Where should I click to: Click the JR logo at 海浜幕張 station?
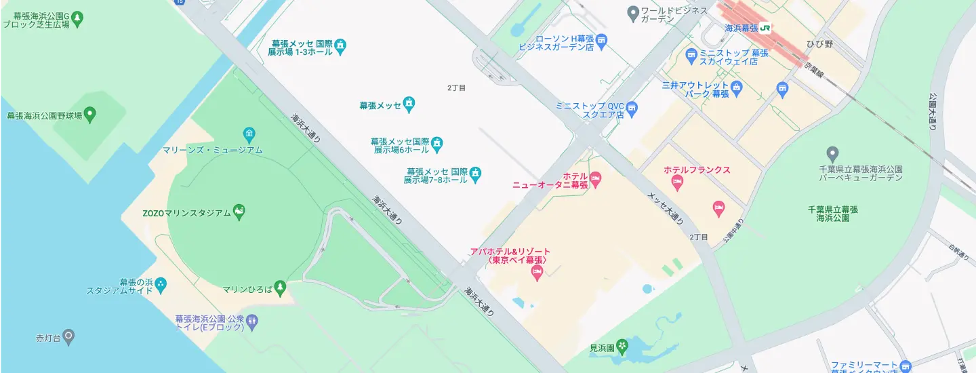click(x=765, y=28)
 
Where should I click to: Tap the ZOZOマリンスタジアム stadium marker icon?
click(x=239, y=212)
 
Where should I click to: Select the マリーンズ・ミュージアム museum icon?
click(x=249, y=133)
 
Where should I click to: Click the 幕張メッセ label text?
click(x=380, y=105)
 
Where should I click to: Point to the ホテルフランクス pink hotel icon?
click(x=676, y=182)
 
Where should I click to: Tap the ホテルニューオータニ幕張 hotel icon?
click(x=596, y=180)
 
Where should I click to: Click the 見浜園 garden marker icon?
click(x=623, y=348)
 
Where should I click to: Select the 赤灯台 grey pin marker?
click(x=68, y=336)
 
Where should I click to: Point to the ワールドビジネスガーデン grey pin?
click(x=633, y=12)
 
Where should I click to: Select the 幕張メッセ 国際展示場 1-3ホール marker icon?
click(x=340, y=46)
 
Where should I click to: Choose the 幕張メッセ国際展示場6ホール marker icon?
click(x=438, y=144)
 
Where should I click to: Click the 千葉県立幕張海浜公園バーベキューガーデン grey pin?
click(x=833, y=154)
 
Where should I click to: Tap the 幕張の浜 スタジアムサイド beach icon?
click(x=160, y=286)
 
